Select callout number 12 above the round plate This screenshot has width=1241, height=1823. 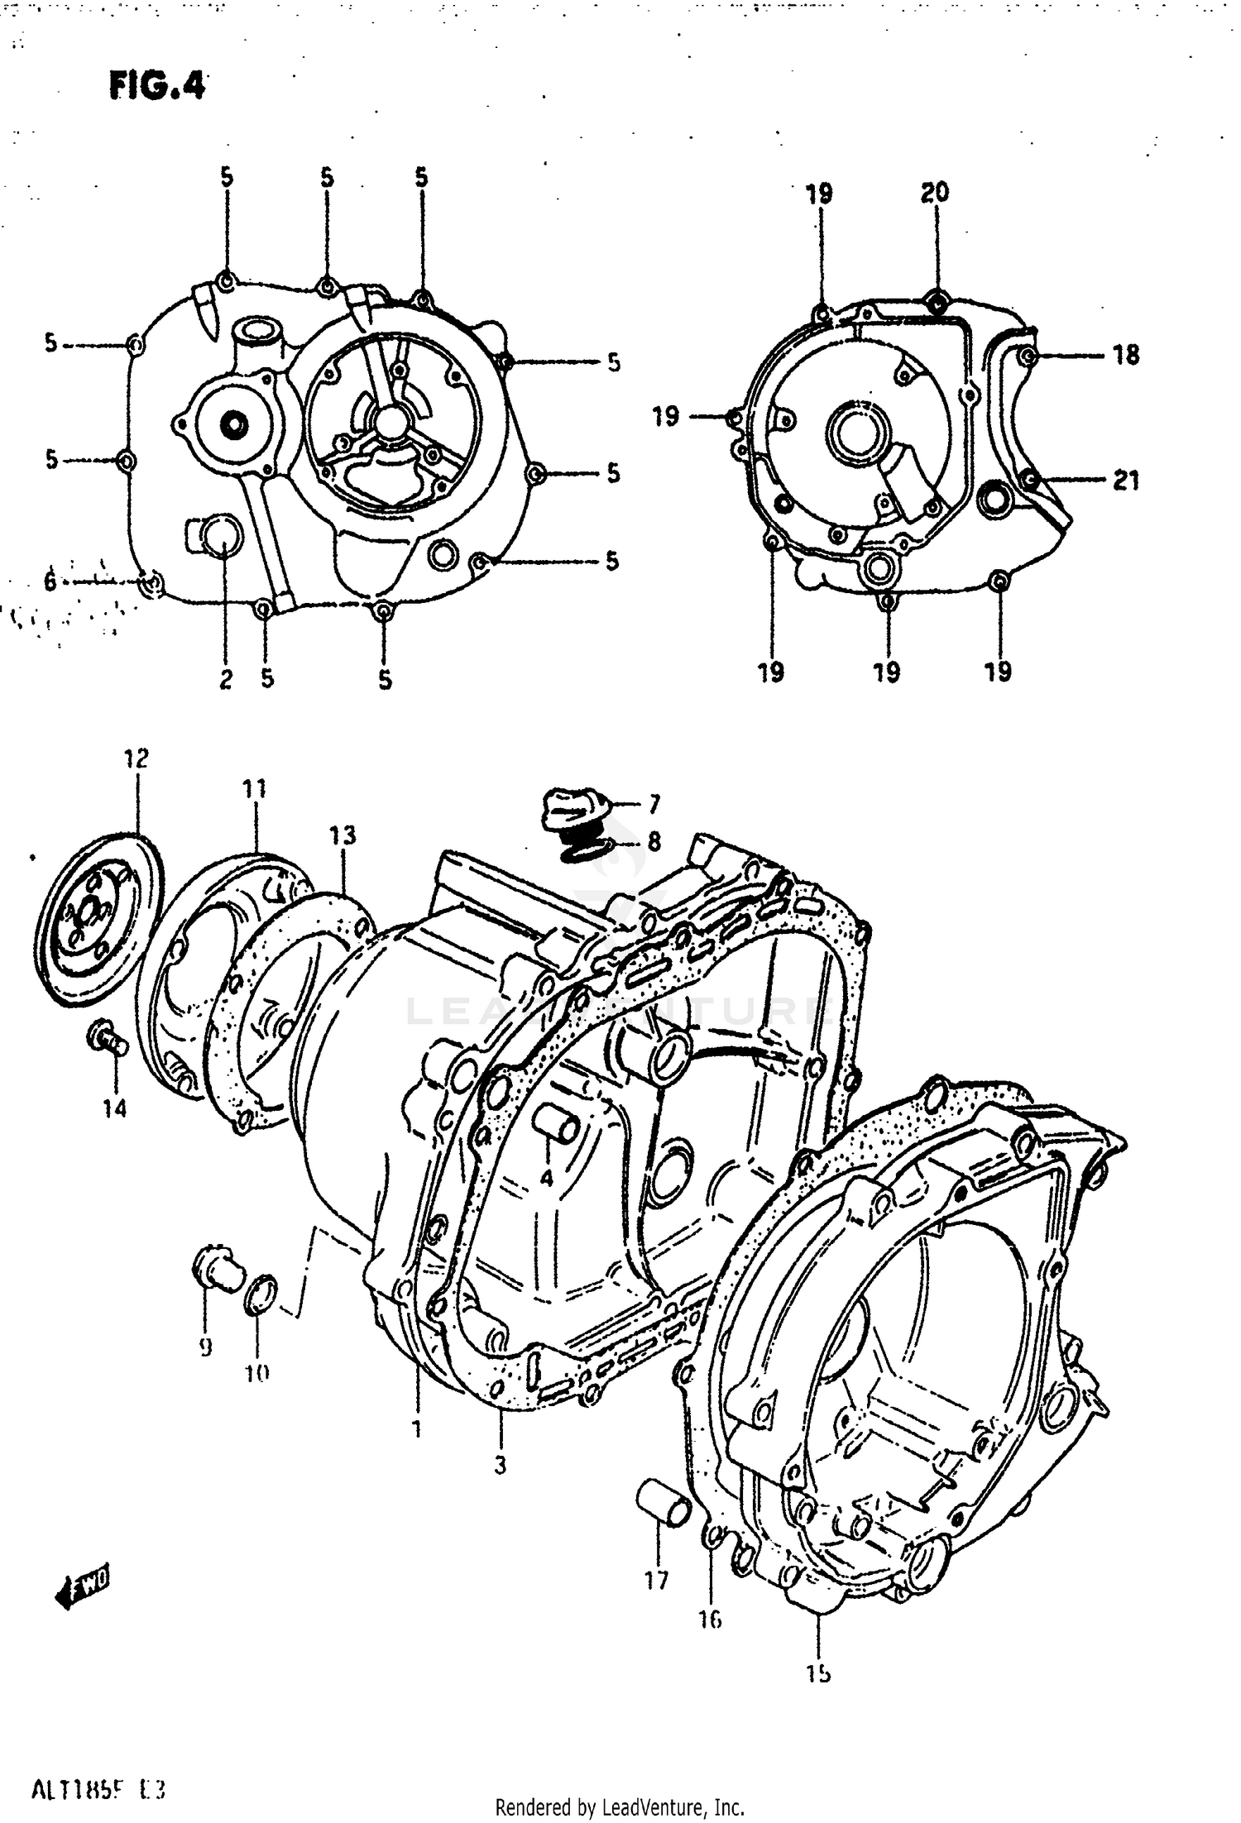(137, 758)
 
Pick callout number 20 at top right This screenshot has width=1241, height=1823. (935, 193)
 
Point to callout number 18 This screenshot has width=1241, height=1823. (1125, 356)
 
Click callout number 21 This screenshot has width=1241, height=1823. (1125, 480)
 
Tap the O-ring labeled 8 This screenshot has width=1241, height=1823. (579, 849)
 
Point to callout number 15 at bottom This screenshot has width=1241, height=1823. (818, 1674)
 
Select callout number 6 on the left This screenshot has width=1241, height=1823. (50, 581)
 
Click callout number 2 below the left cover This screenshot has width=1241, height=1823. (226, 679)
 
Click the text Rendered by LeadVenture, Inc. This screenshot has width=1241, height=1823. (620, 1806)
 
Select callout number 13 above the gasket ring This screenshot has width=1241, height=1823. (342, 835)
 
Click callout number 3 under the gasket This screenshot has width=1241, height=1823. (500, 1466)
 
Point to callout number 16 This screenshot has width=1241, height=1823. (710, 1619)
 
